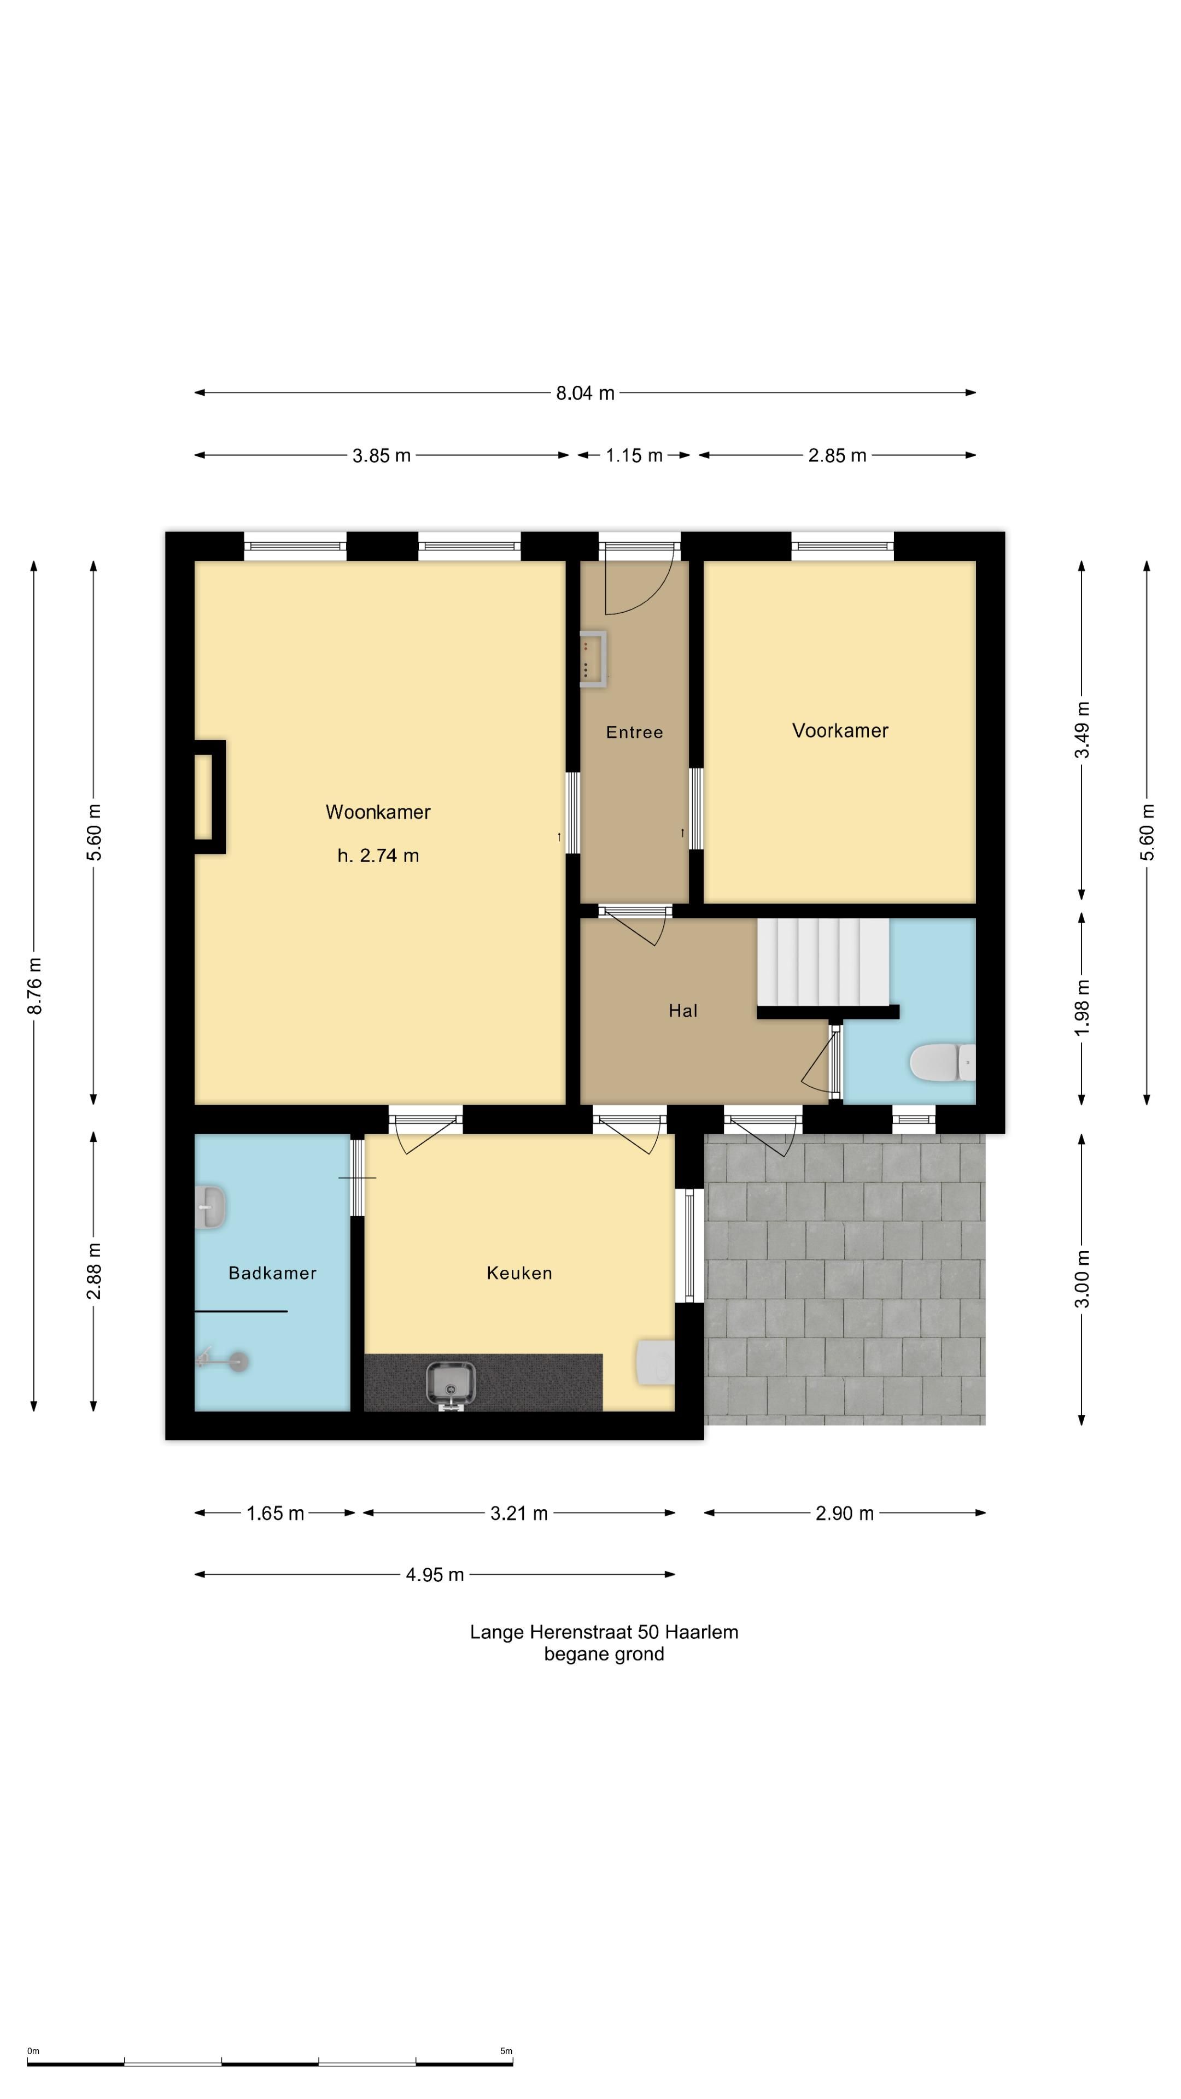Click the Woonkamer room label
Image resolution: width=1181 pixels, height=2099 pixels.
378,812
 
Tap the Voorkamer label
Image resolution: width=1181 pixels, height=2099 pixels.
840,730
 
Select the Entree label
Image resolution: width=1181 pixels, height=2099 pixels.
634,732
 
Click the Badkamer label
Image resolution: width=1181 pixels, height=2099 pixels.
272,1273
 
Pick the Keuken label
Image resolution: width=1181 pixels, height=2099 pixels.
519,1273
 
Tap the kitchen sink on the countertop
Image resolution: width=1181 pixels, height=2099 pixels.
451,1383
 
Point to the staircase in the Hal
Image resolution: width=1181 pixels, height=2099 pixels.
823,963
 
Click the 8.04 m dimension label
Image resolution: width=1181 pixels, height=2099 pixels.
585,393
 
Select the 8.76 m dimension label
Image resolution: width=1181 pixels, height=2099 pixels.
34,986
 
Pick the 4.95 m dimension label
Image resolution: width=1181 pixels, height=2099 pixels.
435,1574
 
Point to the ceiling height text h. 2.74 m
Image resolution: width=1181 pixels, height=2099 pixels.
378,855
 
